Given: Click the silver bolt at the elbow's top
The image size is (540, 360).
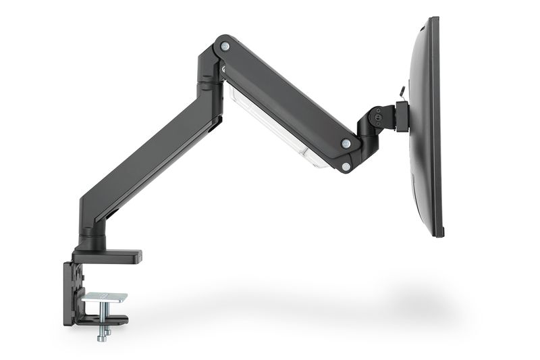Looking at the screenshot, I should click(225, 46).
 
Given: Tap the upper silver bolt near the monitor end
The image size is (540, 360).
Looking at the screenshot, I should click(345, 143).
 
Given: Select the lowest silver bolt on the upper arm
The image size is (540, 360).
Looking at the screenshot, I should click(346, 166).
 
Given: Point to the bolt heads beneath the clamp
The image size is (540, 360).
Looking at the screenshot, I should click(103, 333).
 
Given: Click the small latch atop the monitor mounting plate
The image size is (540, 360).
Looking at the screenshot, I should click(402, 91).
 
